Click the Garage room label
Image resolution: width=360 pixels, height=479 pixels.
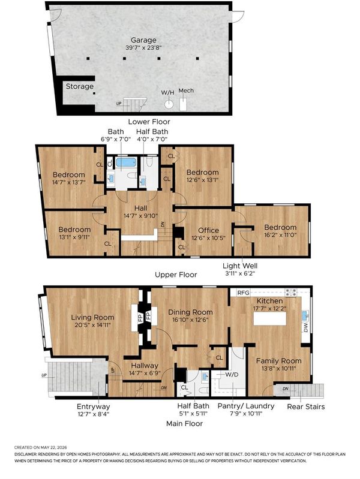pos(143,40)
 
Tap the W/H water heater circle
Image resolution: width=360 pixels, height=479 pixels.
pos(169,104)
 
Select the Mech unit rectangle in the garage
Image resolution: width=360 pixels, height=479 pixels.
pos(183,104)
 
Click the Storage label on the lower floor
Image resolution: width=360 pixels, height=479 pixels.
pos(80,86)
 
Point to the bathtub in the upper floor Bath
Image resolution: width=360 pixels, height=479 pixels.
pos(126,162)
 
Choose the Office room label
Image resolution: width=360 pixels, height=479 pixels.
pos(209,230)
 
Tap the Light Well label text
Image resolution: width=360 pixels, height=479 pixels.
pos(240,266)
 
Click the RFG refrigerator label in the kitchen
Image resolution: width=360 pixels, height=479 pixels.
pos(244,293)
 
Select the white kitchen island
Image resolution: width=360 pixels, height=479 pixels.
pos(270,318)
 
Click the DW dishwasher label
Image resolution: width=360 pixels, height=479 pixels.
pos(306,327)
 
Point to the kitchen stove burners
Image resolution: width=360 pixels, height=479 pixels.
pos(291,293)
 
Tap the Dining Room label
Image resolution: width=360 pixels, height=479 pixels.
pos(191,312)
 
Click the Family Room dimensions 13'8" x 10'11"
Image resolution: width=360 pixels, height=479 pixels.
pos(278,369)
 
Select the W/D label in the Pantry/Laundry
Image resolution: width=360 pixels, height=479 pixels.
pos(232,375)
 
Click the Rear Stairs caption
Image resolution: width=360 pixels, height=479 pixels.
pos(306,406)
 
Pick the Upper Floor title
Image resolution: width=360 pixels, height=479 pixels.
pos(176,275)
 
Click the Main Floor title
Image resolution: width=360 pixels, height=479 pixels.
pos(184,424)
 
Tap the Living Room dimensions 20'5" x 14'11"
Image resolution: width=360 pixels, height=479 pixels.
pos(92,325)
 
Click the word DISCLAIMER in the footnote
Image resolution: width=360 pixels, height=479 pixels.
pos(26,454)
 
